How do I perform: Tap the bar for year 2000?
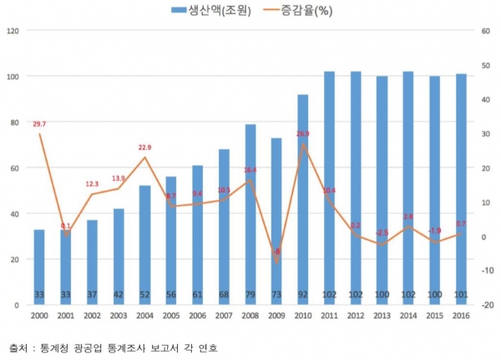point(39,266)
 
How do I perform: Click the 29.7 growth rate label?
point(38,124)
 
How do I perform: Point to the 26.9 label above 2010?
point(302,134)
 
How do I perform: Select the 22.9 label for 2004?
point(144,148)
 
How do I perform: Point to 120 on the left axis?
point(12,31)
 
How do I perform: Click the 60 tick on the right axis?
point(484,31)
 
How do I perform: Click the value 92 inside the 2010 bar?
point(303,296)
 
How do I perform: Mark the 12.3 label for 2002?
point(92,184)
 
